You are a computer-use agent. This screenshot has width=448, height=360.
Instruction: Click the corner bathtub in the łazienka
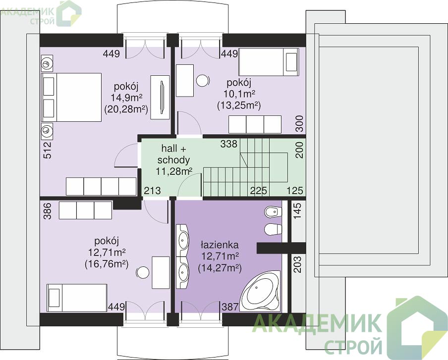tap(260, 291)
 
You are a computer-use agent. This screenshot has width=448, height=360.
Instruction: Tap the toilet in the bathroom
tap(274, 229)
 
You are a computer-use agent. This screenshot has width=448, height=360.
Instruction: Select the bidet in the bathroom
tap(274, 212)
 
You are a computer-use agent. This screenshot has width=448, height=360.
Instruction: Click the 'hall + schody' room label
tap(173, 154)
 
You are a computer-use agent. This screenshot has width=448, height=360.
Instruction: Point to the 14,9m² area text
tap(126, 98)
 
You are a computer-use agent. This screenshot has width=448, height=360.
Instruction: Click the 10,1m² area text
tap(239, 94)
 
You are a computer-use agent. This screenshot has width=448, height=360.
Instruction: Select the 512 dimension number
tap(48, 150)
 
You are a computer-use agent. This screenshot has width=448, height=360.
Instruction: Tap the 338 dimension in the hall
tap(228, 144)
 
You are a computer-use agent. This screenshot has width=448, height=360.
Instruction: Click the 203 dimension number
tap(297, 264)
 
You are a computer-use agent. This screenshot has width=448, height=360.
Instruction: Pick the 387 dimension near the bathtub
tap(230, 307)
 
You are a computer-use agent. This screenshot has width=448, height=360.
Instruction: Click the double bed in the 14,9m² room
tap(71, 98)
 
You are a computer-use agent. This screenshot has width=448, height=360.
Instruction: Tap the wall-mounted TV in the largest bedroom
tap(162, 97)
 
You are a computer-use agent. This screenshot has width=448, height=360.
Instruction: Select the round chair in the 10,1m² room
tap(203, 81)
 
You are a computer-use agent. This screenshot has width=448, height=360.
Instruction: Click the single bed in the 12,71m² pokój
tap(77, 298)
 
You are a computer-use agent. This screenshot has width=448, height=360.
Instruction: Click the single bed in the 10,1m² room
tap(269, 62)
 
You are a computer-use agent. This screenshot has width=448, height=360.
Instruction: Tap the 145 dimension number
tap(297, 210)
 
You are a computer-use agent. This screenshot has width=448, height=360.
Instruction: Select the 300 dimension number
tap(299, 123)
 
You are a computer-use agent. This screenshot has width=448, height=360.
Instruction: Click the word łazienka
tap(220, 245)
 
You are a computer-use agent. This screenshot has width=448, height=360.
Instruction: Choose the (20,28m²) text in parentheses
tap(126, 109)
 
